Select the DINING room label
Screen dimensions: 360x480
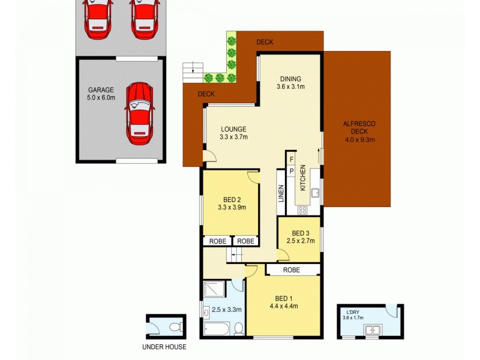[x=290, y=79]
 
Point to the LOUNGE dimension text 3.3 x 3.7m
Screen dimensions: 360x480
[x=233, y=137]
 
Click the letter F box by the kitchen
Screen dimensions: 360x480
[x=292, y=159]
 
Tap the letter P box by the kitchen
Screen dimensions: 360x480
[x=292, y=171]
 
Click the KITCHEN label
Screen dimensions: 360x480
[x=304, y=178]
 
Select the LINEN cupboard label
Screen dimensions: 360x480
[x=281, y=194]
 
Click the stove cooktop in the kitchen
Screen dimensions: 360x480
[x=302, y=210]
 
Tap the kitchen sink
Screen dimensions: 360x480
[x=315, y=194]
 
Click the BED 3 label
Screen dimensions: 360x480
[x=301, y=233]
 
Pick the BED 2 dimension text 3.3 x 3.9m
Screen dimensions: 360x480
[x=231, y=208]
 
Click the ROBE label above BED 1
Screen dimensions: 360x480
[x=291, y=270]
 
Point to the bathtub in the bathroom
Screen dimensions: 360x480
[x=215, y=329]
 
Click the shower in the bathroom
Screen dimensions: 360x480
[x=215, y=290]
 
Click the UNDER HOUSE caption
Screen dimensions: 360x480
[x=164, y=347]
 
